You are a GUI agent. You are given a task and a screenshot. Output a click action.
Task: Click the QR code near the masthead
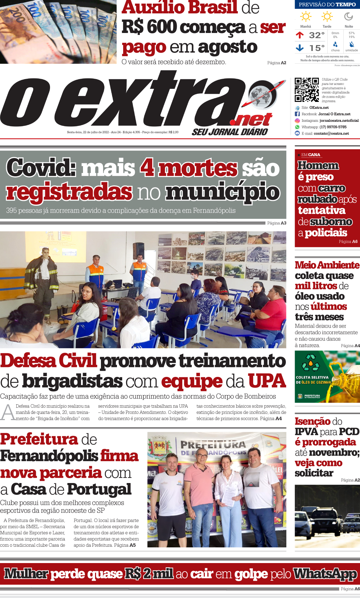(x=306, y=90)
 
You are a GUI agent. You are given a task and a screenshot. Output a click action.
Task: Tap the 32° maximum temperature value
(x=317, y=35)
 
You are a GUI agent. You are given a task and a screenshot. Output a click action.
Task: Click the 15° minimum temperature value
(x=317, y=48)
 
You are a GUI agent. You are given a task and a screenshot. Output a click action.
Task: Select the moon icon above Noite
(x=349, y=16)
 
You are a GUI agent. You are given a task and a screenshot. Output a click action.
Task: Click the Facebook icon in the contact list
(x=297, y=114)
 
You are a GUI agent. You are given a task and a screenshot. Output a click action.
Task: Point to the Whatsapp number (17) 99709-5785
(x=333, y=127)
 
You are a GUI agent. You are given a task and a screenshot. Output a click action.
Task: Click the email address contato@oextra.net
(x=331, y=134)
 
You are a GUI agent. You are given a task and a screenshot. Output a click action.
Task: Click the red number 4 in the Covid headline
(x=147, y=168)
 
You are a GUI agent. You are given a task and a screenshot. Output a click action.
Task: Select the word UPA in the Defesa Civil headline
(x=267, y=381)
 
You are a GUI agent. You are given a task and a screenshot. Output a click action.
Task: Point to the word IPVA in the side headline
(x=306, y=432)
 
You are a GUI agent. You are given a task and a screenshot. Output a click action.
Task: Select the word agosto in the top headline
(x=228, y=47)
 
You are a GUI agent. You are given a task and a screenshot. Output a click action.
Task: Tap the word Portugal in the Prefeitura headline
(x=99, y=489)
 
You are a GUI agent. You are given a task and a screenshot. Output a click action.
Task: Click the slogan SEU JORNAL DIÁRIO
(x=230, y=132)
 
